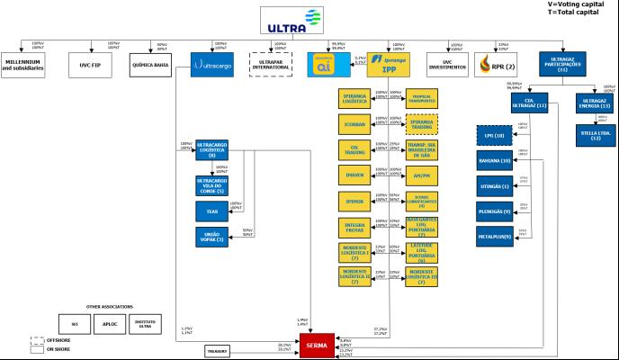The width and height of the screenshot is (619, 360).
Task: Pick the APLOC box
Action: [x=110, y=322]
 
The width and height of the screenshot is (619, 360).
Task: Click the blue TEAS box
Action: [x=212, y=211]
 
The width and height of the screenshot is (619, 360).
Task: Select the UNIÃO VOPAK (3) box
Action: [x=212, y=237]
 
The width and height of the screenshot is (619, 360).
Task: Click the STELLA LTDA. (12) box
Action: [x=597, y=135]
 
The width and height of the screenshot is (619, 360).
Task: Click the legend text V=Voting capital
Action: [x=574, y=4]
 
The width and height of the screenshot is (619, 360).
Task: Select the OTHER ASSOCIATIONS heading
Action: [x=108, y=305]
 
